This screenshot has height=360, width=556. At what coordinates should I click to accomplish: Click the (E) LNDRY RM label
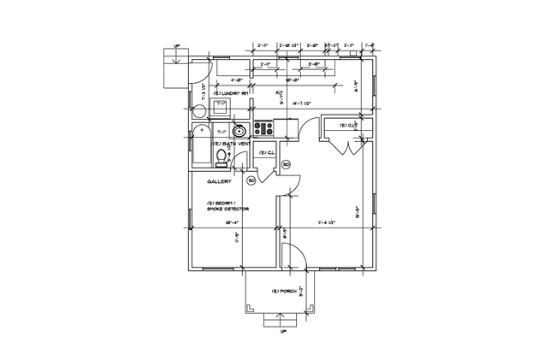tap(230, 92)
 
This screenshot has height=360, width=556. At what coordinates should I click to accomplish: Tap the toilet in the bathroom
tap(222, 162)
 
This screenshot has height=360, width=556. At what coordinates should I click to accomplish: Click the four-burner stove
tap(263, 130)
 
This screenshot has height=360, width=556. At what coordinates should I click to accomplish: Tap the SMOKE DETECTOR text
tap(226, 209)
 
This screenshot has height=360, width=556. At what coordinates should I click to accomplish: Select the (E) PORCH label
tap(283, 291)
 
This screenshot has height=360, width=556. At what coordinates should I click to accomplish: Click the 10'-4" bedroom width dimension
tap(231, 222)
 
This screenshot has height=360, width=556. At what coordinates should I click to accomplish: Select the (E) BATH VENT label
tap(231, 145)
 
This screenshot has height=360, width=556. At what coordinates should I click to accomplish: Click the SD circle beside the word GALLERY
tap(251, 180)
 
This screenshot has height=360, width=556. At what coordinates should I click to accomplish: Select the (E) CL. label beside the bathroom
tap(265, 153)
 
